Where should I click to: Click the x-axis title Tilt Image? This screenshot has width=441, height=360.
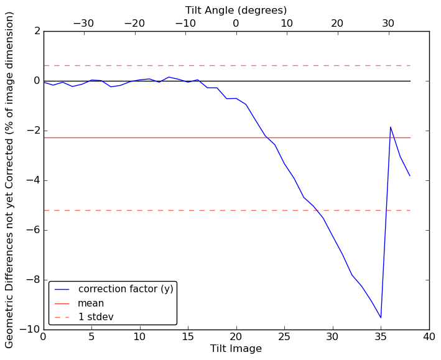point(236,349)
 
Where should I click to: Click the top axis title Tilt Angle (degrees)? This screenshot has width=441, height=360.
point(236,10)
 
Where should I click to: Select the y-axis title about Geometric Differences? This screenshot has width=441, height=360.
point(10,180)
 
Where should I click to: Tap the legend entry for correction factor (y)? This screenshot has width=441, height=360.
point(125,289)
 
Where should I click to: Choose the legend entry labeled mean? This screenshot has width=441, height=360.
point(91,303)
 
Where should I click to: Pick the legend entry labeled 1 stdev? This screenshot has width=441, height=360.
point(95,317)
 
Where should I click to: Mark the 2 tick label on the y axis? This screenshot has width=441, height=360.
point(36,31)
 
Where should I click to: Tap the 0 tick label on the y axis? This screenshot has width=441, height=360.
point(36,81)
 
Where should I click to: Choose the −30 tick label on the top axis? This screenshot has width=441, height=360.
point(83,24)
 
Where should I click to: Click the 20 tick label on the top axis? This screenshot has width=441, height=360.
point(337,24)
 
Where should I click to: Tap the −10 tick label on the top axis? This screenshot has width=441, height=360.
point(185,24)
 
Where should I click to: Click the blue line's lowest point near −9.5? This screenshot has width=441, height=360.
point(381,318)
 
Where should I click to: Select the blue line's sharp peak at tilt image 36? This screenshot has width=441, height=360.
point(391,127)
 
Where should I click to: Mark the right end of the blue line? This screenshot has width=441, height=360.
point(410,176)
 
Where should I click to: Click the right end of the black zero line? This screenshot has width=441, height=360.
point(410,81)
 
